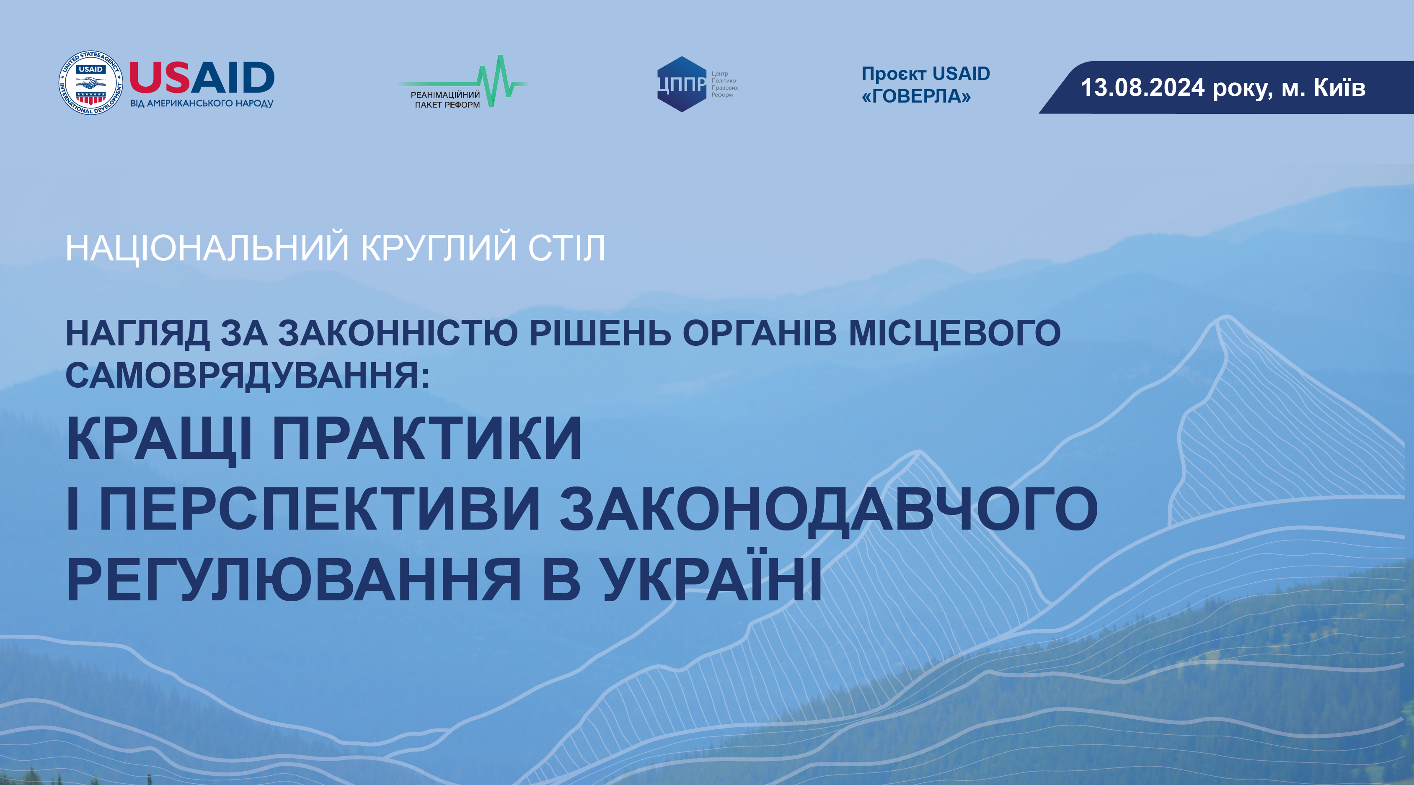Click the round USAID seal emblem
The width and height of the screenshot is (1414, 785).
[90, 83]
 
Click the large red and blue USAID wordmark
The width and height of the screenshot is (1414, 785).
[202, 78]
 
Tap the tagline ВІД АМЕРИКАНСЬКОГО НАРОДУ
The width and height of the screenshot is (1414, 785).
[202, 103]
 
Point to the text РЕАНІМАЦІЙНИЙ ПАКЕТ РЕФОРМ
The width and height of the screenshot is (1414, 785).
[446, 100]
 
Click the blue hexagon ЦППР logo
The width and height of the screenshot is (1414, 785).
[682, 84]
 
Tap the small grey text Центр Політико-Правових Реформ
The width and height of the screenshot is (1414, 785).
[724, 84]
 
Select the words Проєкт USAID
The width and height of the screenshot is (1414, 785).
[925, 74]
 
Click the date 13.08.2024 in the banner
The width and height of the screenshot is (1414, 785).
[1142, 88]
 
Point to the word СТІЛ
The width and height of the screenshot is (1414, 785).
[566, 248]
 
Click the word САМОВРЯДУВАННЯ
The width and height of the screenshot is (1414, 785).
[247, 376]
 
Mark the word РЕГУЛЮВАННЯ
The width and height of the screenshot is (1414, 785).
[294, 580]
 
